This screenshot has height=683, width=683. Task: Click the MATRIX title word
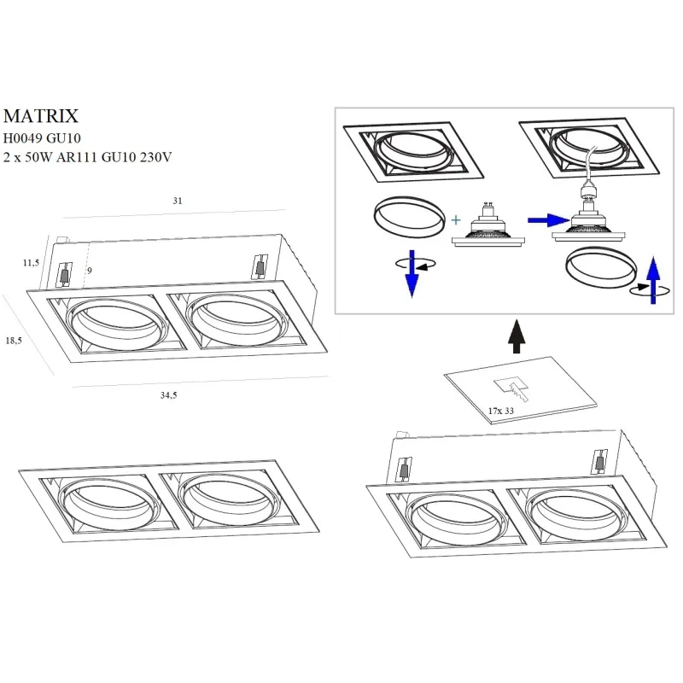click(x=42, y=115)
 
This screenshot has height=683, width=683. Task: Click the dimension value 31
click(x=178, y=201)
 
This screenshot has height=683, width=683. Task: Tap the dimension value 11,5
click(x=31, y=263)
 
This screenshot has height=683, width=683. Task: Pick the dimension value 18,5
click(x=14, y=340)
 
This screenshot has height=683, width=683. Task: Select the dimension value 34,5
click(x=170, y=394)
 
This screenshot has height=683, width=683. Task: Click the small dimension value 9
click(x=89, y=271)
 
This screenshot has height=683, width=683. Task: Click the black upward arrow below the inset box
click(x=516, y=336)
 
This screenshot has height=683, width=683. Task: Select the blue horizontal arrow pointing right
click(x=540, y=220)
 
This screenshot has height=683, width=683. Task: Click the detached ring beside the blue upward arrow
click(x=599, y=268)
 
